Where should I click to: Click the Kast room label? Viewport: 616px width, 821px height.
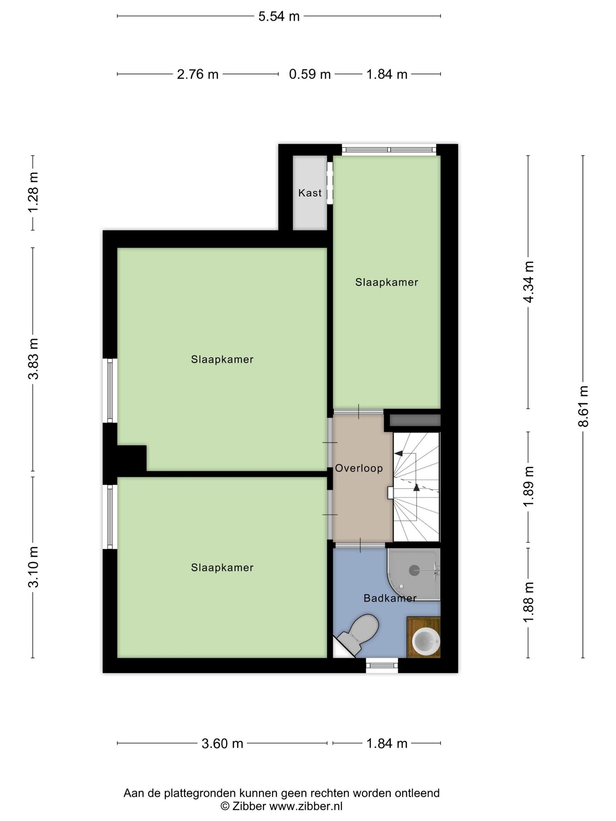pyautogui.click(x=310, y=193)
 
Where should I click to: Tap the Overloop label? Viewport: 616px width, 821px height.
pyautogui.click(x=359, y=468)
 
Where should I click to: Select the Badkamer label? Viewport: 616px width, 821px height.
pyautogui.click(x=390, y=598)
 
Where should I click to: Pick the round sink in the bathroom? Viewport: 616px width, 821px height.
pyautogui.click(x=426, y=641)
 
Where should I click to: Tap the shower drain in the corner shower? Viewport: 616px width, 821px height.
pyautogui.click(x=414, y=570)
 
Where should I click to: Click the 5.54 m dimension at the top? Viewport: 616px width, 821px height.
pyautogui.click(x=279, y=16)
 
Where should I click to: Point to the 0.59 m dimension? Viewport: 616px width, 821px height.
pyautogui.click(x=310, y=74)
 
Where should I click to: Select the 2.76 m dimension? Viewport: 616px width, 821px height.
pyautogui.click(x=198, y=74)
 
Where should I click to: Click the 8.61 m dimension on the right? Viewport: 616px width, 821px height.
pyautogui.click(x=583, y=406)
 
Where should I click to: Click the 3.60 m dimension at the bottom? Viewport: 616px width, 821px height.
pyautogui.click(x=223, y=744)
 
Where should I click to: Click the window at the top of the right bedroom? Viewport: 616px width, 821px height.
pyautogui.click(x=389, y=150)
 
